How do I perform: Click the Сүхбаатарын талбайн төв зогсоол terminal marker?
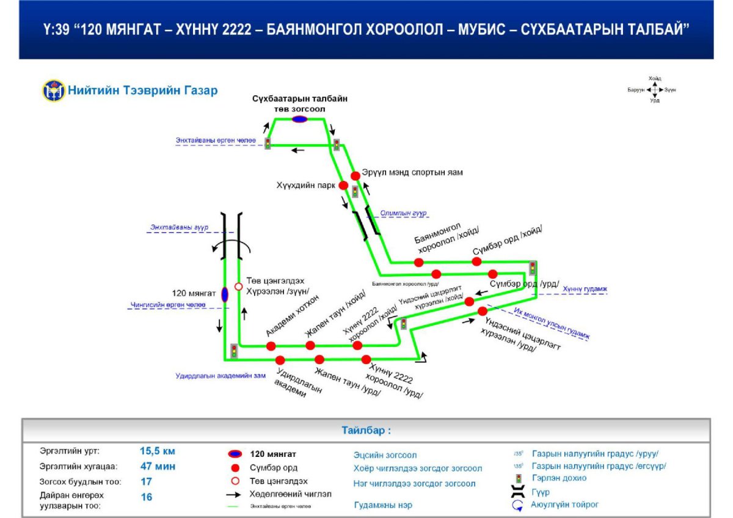pyautogui.click(x=299, y=119)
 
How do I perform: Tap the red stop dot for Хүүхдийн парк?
pyautogui.click(x=343, y=185)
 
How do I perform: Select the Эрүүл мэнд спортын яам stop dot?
pyautogui.click(x=356, y=176)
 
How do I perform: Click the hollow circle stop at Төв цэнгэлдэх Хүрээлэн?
pyautogui.click(x=239, y=286)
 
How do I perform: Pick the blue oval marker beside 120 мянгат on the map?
pyautogui.click(x=224, y=294)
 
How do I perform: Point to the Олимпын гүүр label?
pyautogui.click(x=403, y=213)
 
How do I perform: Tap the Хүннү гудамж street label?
pyautogui.click(x=584, y=288)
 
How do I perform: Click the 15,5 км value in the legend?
pyautogui.click(x=158, y=451)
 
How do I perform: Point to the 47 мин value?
pyautogui.click(x=158, y=467)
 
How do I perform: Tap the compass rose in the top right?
pyautogui.click(x=654, y=90)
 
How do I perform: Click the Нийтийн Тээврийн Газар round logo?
pyautogui.click(x=54, y=90)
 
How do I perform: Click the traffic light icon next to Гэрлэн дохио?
pyautogui.click(x=519, y=479)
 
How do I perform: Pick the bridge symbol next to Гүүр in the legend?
pyautogui.click(x=519, y=492)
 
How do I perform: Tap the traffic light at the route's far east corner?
pyautogui.click(x=533, y=268)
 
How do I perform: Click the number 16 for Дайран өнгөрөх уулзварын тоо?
pyautogui.click(x=147, y=497)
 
